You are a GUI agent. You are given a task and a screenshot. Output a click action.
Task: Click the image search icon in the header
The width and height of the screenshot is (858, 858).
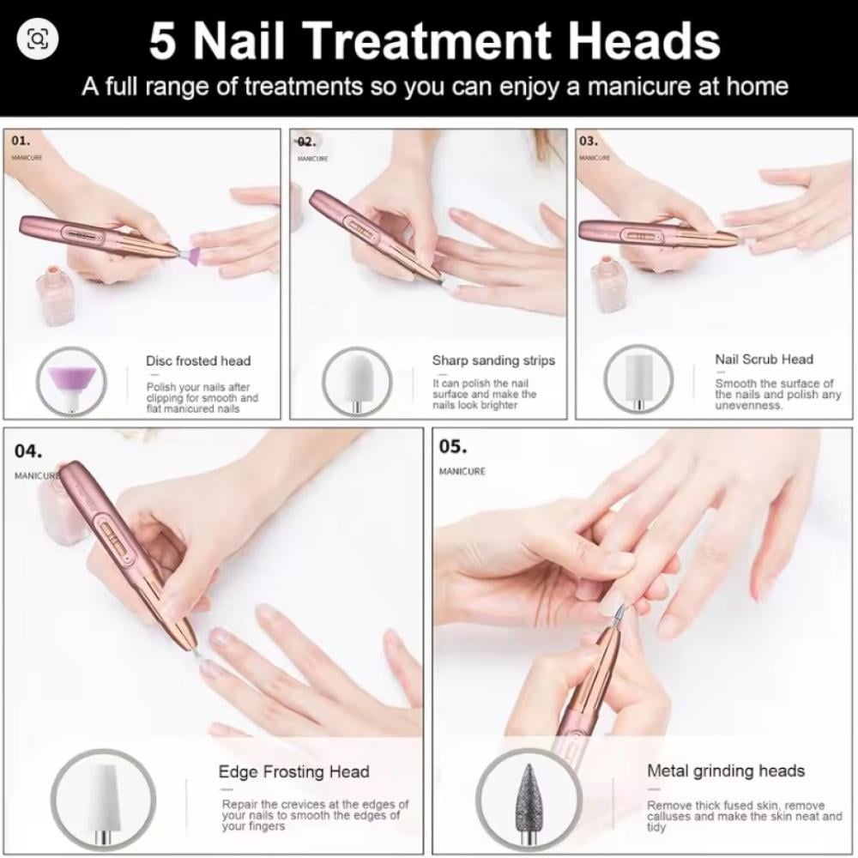pos(37,39)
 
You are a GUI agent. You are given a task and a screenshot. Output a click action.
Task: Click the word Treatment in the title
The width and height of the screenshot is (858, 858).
pos(426,40)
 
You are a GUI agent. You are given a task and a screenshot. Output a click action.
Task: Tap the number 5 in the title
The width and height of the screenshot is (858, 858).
pos(164,41)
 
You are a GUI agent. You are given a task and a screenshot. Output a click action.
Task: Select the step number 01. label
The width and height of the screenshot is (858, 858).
pos(21,141)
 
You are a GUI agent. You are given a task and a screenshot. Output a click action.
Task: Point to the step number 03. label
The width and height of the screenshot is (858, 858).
pos(589,141)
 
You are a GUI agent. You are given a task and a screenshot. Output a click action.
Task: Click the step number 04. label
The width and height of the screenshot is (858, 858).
pos(28,451)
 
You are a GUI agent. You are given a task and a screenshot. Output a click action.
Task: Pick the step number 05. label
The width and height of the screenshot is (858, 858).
pos(453,446)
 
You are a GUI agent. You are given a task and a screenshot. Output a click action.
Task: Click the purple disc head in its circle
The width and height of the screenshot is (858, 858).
pos(73,383)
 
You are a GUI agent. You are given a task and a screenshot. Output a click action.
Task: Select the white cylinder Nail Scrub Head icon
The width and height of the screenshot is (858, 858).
pos(638,378)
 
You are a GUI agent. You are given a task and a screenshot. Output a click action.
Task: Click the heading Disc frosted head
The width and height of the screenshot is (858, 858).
pos(198,361)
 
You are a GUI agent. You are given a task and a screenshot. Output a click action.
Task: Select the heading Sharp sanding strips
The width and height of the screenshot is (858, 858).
pos(493,360)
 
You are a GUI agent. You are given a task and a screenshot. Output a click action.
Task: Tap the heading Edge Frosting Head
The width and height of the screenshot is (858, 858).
pos(293,771)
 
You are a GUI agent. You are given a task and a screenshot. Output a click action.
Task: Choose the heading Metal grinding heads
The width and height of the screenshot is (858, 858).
pos(726,771)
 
